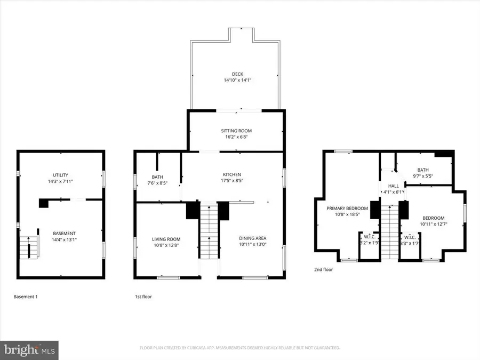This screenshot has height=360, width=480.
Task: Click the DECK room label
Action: point(236,74)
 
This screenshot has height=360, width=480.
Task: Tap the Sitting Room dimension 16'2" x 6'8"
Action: point(236,137)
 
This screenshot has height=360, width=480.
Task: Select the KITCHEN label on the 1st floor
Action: point(232,174)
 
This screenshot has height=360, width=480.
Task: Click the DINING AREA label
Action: point(251,238)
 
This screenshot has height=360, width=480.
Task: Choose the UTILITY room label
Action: point(60,175)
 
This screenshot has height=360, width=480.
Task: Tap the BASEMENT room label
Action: point(64,233)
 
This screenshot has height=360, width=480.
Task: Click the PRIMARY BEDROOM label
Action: point(347,208)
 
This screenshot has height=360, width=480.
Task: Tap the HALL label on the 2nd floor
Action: point(394,186)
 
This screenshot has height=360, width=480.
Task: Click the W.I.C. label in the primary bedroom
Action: point(368,237)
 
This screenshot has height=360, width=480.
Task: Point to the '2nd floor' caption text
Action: point(323,270)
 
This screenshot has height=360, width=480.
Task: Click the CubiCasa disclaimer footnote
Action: point(239,348)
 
